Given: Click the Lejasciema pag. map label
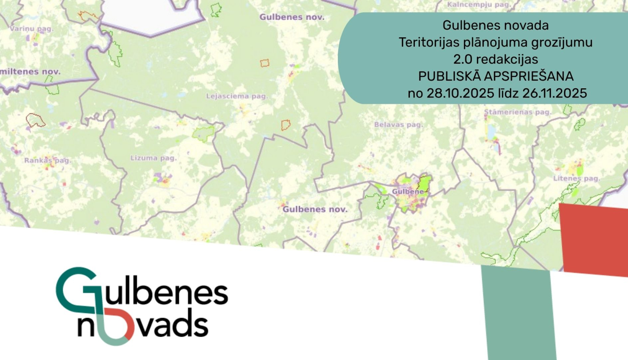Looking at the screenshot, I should point(237,96).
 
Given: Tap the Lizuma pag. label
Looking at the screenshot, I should point(153,158).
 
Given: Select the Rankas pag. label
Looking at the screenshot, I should point(47,160).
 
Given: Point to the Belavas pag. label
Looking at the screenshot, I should point(398,125).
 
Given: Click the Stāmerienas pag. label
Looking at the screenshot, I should point(517,112).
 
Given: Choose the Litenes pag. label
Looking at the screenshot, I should point(577,178).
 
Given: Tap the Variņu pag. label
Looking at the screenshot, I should point(31,29).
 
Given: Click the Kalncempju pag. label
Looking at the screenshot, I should point(479,5).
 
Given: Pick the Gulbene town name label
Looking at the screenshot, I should point(408,192).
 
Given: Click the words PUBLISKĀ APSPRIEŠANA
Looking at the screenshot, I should point(496,76).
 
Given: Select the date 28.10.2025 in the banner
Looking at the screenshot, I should point(460,93).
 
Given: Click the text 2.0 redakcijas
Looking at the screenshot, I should point(496,59).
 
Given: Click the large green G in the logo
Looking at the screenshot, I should point(75,289).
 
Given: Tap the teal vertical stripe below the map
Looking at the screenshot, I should point(518,314).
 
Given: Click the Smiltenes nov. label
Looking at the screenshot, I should point(30,72).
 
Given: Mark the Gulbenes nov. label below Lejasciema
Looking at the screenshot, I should point(315,209).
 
